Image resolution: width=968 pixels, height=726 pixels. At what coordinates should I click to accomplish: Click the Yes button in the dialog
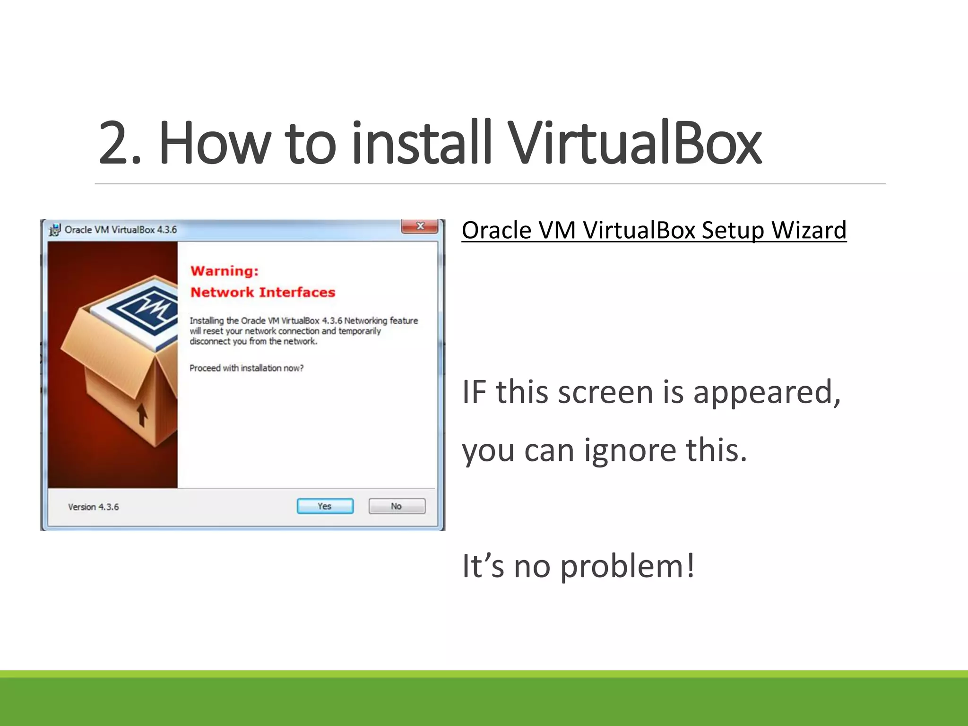pos(325,506)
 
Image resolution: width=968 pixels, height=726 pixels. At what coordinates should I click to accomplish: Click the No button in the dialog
pos(397,506)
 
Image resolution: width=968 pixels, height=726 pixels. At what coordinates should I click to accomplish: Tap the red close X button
pos(420,226)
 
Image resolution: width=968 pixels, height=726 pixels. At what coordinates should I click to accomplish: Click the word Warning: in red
pos(225,271)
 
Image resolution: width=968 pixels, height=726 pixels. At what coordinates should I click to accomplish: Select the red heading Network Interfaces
pos(263,292)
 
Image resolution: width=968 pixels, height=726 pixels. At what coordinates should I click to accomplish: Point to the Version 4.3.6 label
pos(94,507)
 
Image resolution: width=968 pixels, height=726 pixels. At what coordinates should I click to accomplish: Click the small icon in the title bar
pos(55,230)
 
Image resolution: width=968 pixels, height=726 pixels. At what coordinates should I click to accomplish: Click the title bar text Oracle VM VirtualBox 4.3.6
pos(121,230)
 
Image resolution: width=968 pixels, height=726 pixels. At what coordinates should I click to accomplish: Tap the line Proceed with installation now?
pos(246,368)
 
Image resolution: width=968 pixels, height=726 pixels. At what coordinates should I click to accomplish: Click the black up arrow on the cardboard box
pos(142,415)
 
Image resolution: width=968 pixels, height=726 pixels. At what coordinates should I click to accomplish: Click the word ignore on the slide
pos(630,450)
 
